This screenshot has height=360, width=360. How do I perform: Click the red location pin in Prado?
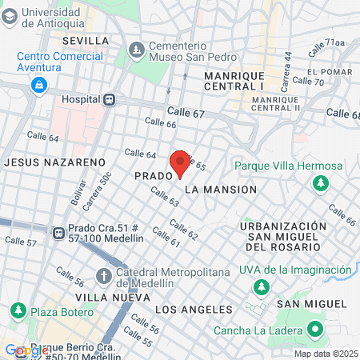[x=180, y=162]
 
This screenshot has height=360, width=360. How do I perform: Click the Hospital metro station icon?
[x=110, y=99]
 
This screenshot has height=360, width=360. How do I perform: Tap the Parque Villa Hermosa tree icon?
[x=320, y=183]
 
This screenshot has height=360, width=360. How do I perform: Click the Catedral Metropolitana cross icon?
[x=103, y=276]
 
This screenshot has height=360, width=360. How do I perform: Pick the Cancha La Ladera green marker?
[x=315, y=330]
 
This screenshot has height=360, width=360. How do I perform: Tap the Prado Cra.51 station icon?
[x=58, y=233]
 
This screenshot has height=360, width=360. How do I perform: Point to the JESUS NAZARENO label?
[x=54, y=162]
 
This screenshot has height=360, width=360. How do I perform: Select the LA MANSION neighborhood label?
[x=220, y=190]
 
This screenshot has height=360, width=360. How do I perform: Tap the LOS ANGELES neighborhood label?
[x=194, y=309]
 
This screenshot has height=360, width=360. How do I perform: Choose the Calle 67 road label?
[x=186, y=113]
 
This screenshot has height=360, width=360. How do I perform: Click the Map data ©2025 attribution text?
[x=325, y=354]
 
